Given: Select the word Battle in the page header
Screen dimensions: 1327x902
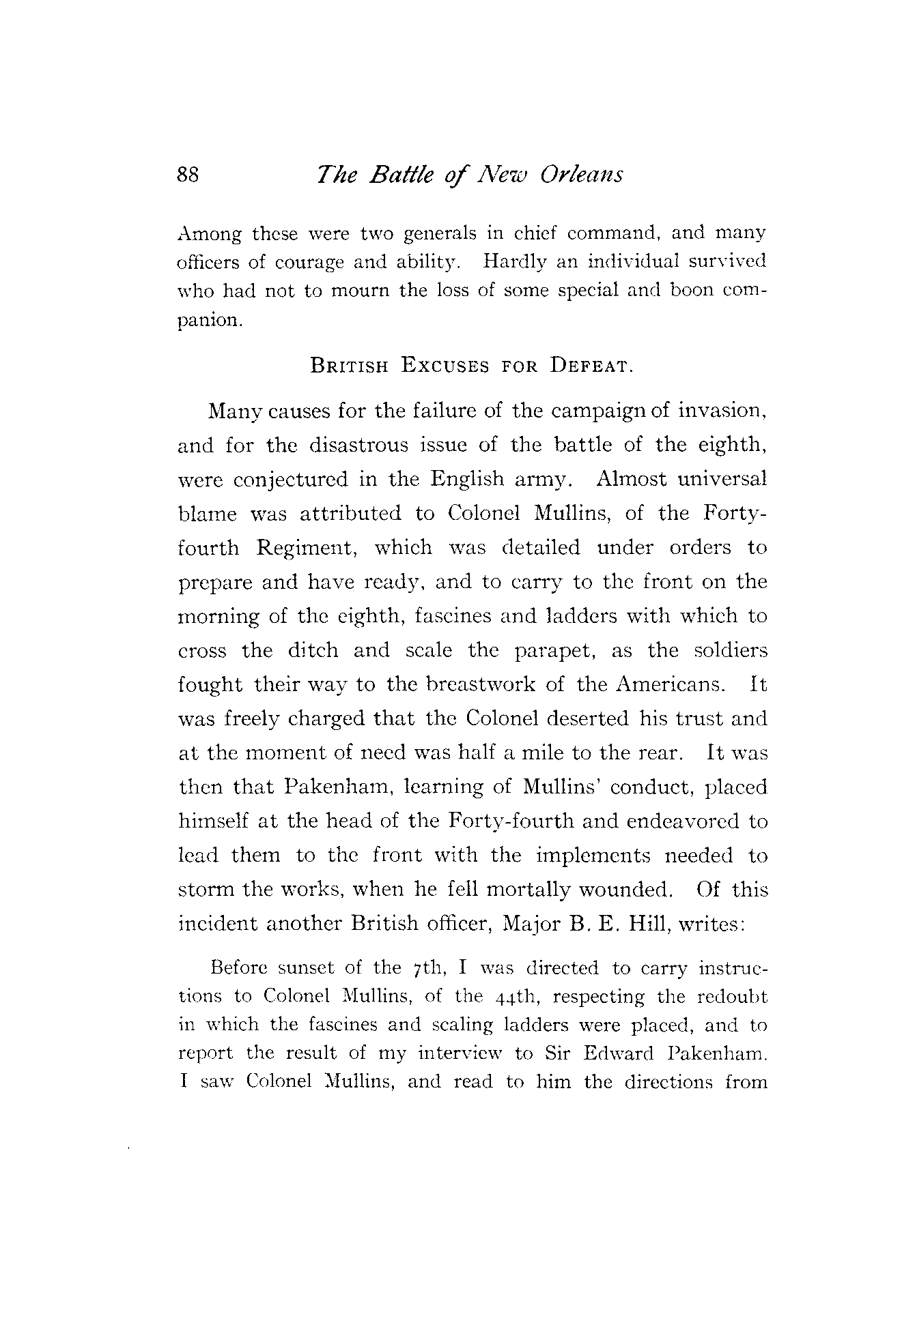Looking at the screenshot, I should click(397, 175).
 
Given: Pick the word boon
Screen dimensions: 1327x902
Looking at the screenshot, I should click(692, 290).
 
